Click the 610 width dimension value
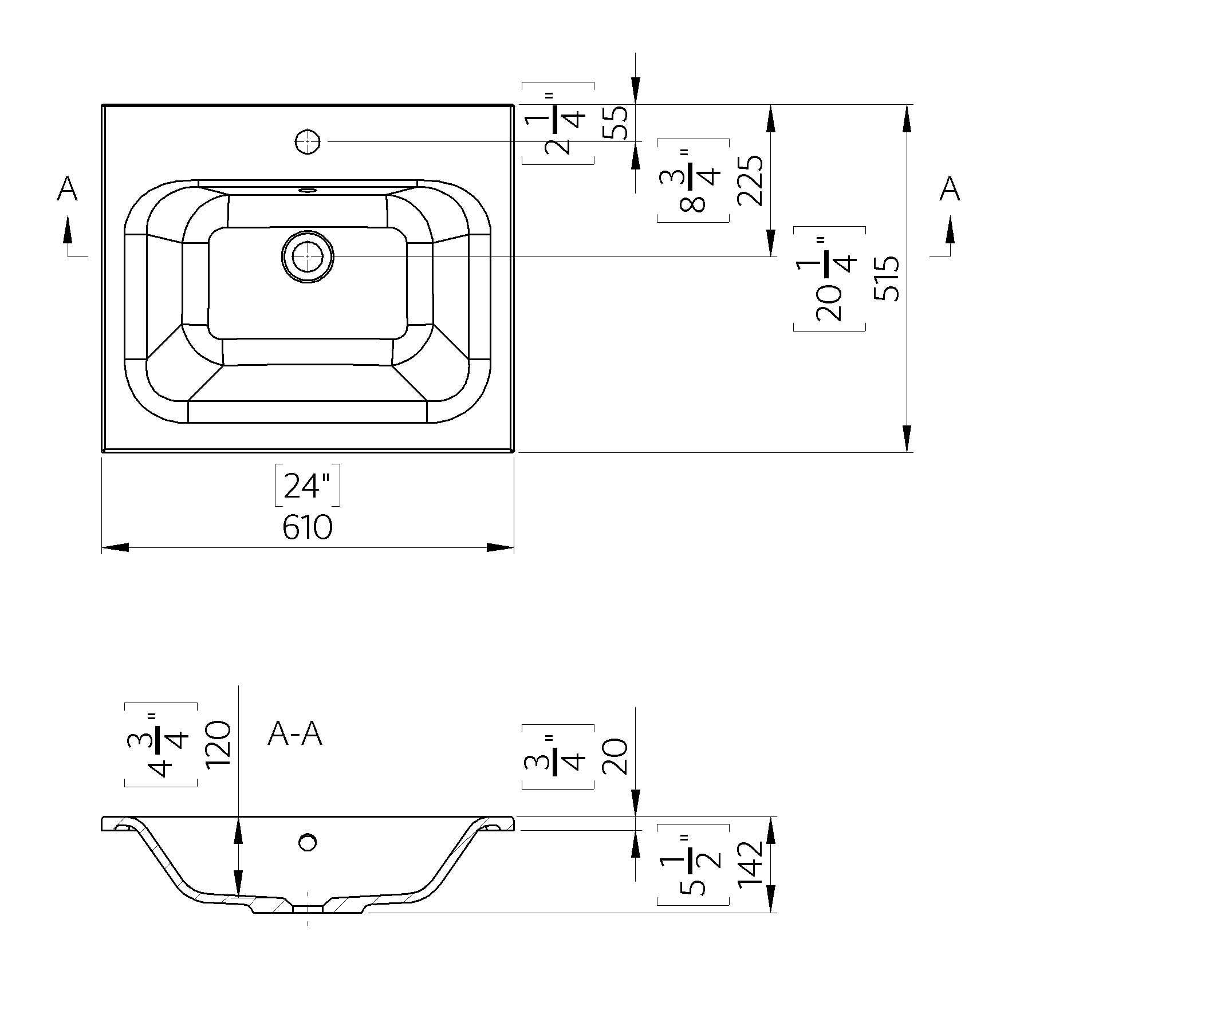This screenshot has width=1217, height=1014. click(307, 528)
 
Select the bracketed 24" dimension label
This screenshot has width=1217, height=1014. click(306, 486)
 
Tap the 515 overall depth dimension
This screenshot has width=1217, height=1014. click(887, 278)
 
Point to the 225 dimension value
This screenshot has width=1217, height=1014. click(750, 180)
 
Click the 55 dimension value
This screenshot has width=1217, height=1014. click(616, 123)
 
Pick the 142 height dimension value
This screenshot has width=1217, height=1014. click(750, 864)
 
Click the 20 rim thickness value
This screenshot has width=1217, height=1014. click(616, 757)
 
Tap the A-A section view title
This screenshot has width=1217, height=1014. click(294, 734)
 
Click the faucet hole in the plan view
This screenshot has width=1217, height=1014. click(308, 141)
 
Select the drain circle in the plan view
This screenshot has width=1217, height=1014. click(308, 257)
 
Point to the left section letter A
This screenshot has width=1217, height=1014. click(67, 189)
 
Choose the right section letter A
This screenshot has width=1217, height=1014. click(950, 189)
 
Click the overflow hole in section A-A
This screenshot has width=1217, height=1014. click(308, 842)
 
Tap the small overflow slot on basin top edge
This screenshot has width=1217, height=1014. click(308, 189)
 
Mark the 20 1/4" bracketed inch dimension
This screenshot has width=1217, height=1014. click(829, 279)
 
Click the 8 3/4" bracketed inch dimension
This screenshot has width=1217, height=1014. click(692, 180)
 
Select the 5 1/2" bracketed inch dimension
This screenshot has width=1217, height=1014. click(692, 864)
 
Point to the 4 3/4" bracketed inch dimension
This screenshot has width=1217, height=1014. click(160, 744)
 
